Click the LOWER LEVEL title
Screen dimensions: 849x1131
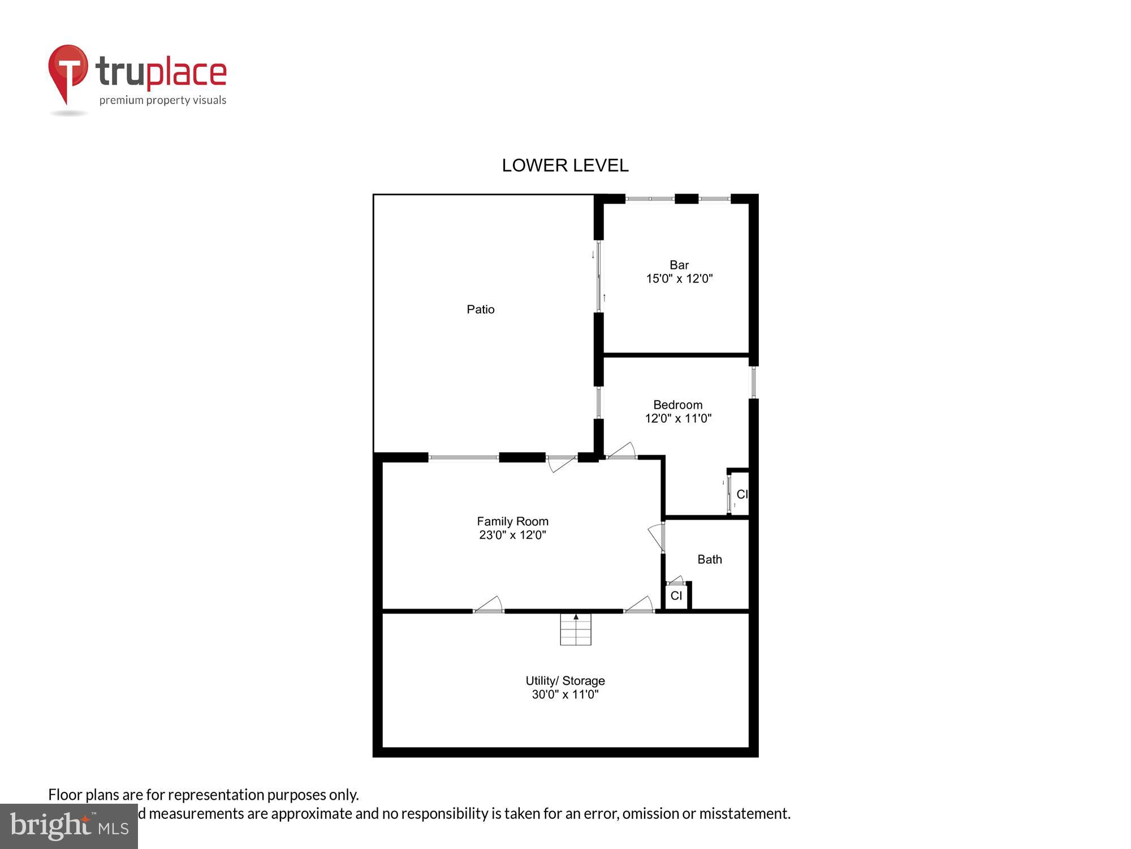[565, 165]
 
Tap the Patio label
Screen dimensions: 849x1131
[480, 309]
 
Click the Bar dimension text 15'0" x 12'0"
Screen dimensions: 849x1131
[679, 278]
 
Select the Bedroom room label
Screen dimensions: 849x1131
[677, 405]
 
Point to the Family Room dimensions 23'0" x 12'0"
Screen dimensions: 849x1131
[512, 535]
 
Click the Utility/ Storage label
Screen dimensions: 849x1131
[565, 680]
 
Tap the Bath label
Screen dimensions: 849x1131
[709, 559]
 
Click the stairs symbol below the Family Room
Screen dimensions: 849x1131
[576, 629]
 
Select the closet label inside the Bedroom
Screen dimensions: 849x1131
[741, 494]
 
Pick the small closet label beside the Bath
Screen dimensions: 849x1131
[676, 596]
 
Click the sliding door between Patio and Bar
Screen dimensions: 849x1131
[599, 276]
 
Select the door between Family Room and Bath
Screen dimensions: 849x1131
[658, 537]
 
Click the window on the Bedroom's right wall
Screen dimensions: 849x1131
[753, 383]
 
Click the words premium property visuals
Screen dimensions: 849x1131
[163, 100]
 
